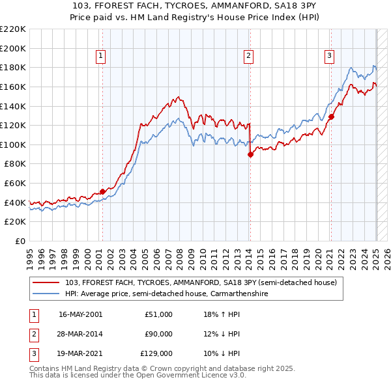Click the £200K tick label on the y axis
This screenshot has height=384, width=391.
point(13,48)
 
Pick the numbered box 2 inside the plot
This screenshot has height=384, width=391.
point(249,57)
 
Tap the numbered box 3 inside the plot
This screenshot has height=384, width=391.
point(330,57)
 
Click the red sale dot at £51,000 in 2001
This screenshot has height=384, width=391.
point(102,191)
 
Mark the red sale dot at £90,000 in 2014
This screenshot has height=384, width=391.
point(250,154)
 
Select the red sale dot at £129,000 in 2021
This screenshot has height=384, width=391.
point(331,117)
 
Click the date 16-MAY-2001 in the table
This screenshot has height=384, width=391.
point(80,314)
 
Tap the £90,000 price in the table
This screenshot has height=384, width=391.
point(158,334)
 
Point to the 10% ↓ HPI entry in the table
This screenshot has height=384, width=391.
point(222,353)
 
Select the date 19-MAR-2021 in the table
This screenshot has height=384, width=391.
point(80,353)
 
